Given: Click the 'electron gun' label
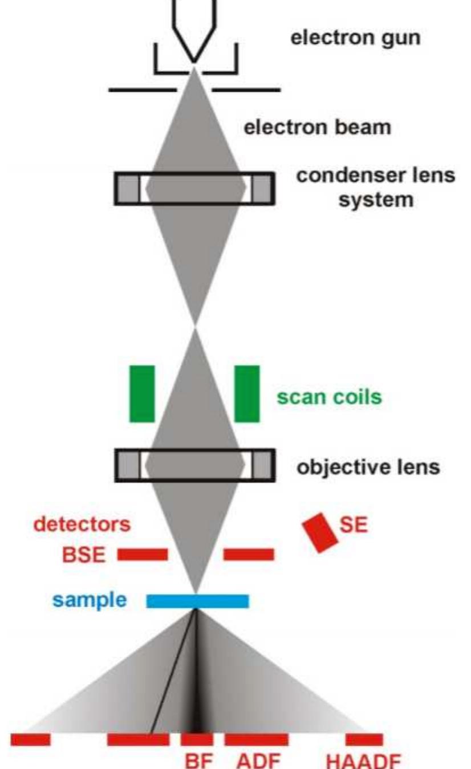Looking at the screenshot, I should (356, 39).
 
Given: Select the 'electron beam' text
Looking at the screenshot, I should (318, 127).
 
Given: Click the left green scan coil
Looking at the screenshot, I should (142, 394).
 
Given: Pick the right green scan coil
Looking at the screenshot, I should (247, 394).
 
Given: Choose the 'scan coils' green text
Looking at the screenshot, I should (329, 397).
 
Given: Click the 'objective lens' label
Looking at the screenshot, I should (368, 467).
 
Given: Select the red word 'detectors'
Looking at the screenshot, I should (82, 524).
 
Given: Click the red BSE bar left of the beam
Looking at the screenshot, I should (143, 554).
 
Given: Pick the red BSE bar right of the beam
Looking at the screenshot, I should (249, 554).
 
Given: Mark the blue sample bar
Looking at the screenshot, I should (197, 601).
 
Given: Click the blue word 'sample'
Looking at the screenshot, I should (90, 600).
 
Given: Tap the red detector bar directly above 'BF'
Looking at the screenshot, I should (197, 739).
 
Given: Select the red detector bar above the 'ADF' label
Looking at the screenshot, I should (256, 739).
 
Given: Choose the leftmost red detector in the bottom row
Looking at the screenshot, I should (30, 739).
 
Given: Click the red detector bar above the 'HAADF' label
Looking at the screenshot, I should (364, 739).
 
